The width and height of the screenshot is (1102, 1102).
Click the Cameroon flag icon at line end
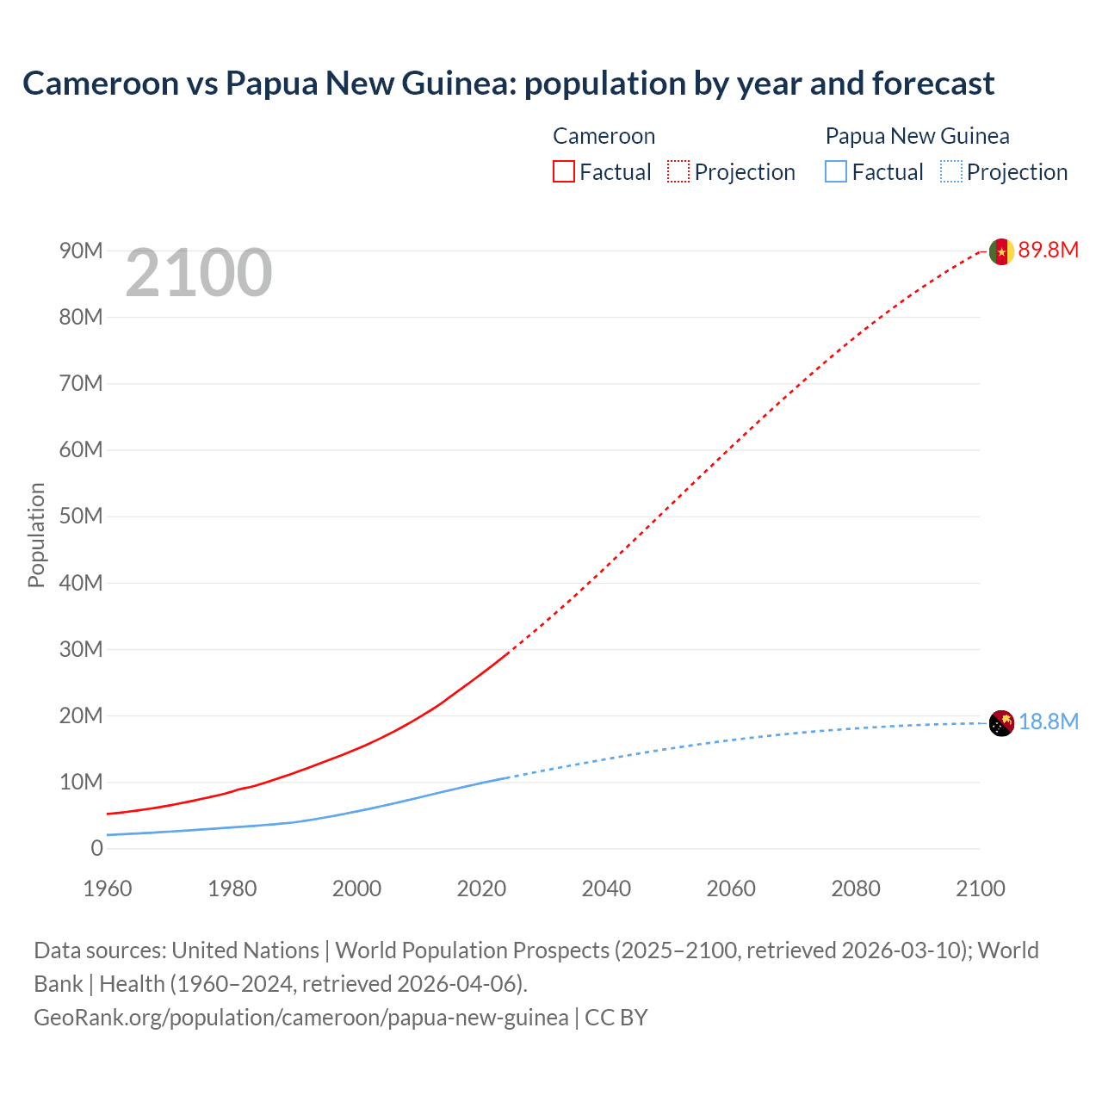(1000, 251)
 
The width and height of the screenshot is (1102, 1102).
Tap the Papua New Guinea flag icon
(1000, 723)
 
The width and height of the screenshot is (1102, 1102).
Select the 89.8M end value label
(1048, 251)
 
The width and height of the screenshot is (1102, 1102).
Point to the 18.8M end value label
(1048, 722)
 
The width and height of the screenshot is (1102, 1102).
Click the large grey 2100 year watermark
(199, 274)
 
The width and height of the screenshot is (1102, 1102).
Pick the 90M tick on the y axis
(81, 251)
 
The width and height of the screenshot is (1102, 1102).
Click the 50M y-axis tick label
(81, 517)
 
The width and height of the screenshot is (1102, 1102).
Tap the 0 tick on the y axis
(96, 849)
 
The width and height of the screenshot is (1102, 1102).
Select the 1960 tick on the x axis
(108, 888)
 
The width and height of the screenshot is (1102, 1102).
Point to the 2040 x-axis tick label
(606, 888)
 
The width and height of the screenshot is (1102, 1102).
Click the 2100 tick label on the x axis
(980, 888)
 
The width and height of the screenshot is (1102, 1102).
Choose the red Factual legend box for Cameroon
(564, 172)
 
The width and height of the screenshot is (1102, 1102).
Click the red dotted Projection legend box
(678, 172)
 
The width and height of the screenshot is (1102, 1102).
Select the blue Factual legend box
(836, 172)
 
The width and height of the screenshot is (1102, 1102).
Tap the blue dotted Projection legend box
(950, 172)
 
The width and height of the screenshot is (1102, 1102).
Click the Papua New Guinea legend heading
(917, 136)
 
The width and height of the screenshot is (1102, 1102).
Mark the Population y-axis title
(36, 535)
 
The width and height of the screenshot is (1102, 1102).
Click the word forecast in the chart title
(932, 84)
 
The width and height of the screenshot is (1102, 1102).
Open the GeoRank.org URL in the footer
(300, 1018)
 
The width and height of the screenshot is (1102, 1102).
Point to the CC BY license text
(616, 1018)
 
